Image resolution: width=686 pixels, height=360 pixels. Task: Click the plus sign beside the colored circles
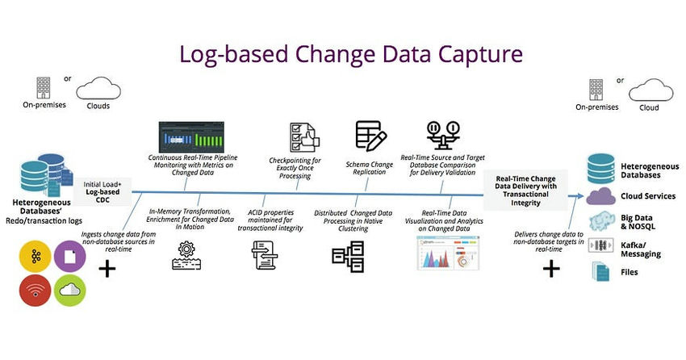(x=107, y=269)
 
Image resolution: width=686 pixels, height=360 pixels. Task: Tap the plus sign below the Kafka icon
(x=551, y=269)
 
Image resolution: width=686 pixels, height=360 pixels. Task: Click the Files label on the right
(x=630, y=272)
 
